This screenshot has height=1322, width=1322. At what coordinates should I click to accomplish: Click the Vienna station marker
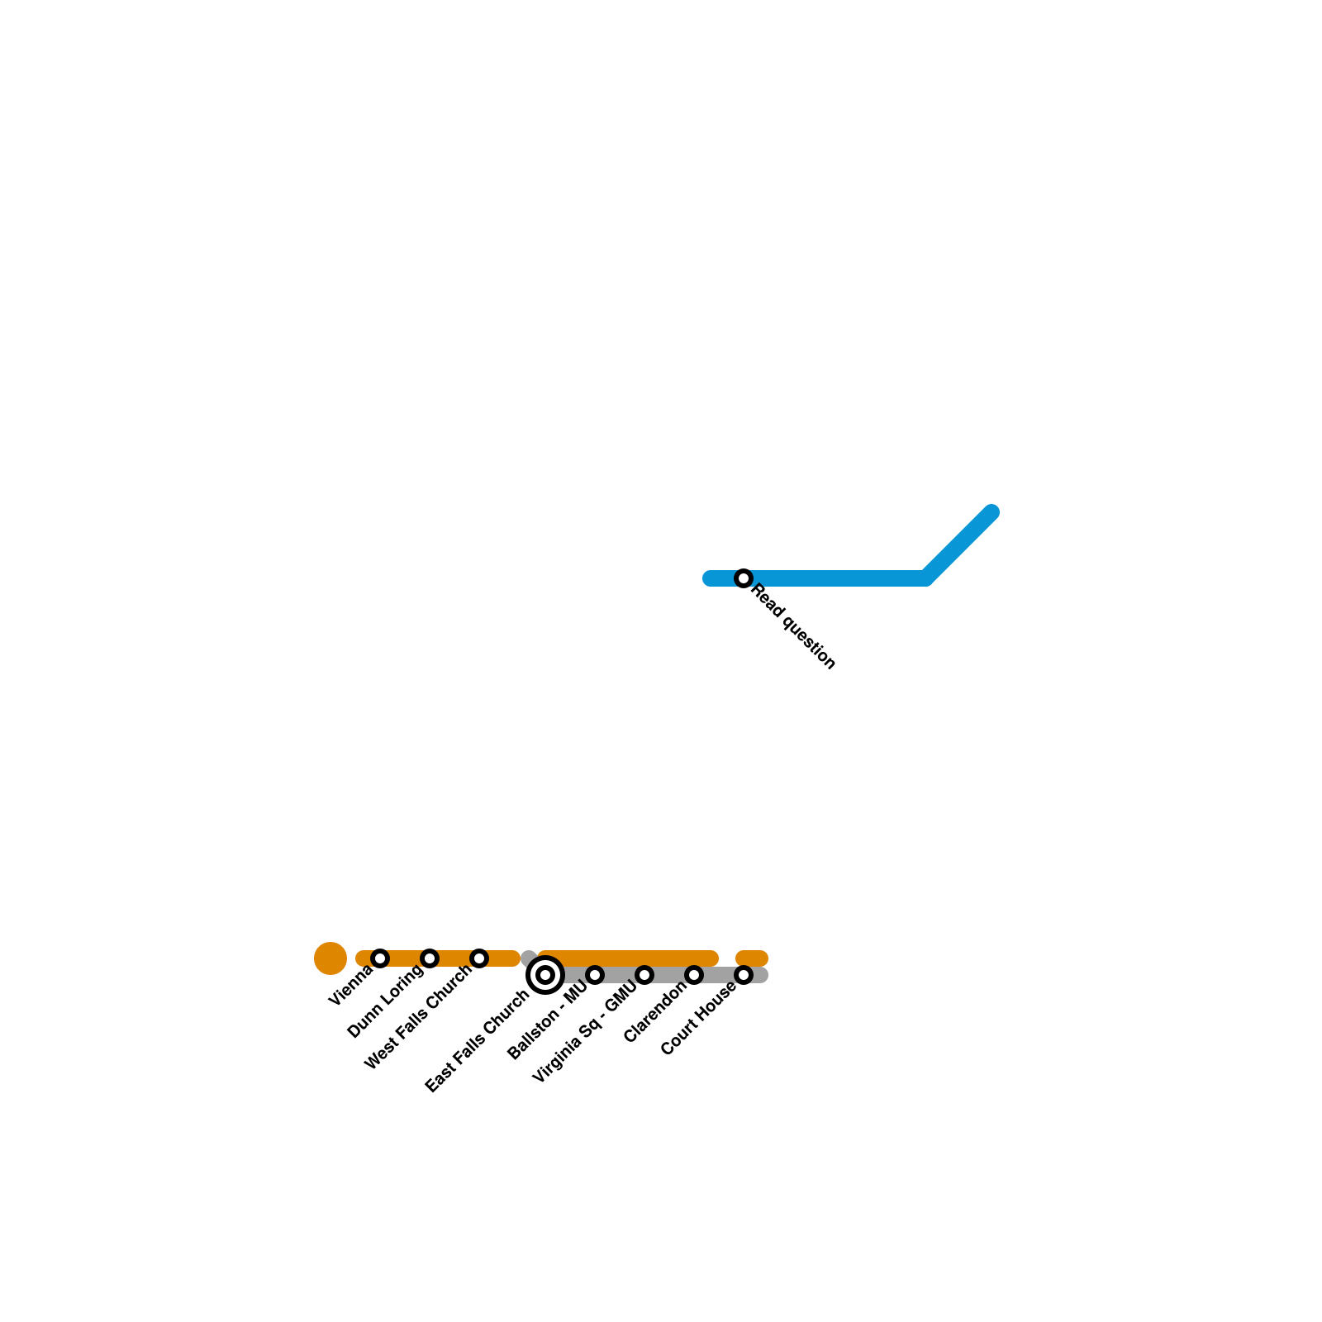(380, 958)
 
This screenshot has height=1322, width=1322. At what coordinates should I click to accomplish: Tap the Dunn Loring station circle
(430, 958)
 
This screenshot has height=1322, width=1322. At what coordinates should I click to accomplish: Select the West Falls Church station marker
(479, 958)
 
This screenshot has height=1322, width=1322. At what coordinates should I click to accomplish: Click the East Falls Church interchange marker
(545, 975)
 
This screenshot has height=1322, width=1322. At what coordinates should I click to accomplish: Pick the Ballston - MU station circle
(595, 975)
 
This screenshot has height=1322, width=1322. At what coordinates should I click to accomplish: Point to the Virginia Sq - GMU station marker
(644, 975)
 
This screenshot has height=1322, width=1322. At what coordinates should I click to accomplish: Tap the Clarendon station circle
(694, 975)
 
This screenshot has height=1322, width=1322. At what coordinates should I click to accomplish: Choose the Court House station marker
(744, 975)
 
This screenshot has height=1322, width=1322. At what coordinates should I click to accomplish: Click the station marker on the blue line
(744, 578)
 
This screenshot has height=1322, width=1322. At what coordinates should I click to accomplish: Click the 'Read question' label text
(794, 627)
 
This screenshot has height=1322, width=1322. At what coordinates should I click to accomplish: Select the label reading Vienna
(350, 987)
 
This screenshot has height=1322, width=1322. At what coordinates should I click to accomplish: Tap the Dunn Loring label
(385, 1002)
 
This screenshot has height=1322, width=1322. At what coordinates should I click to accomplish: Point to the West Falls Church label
(418, 1018)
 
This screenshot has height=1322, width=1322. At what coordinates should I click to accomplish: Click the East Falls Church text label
(477, 1042)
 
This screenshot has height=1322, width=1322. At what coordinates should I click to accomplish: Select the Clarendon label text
(655, 1012)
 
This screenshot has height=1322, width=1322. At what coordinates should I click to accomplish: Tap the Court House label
(698, 1019)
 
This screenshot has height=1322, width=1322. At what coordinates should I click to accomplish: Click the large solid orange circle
(330, 958)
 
